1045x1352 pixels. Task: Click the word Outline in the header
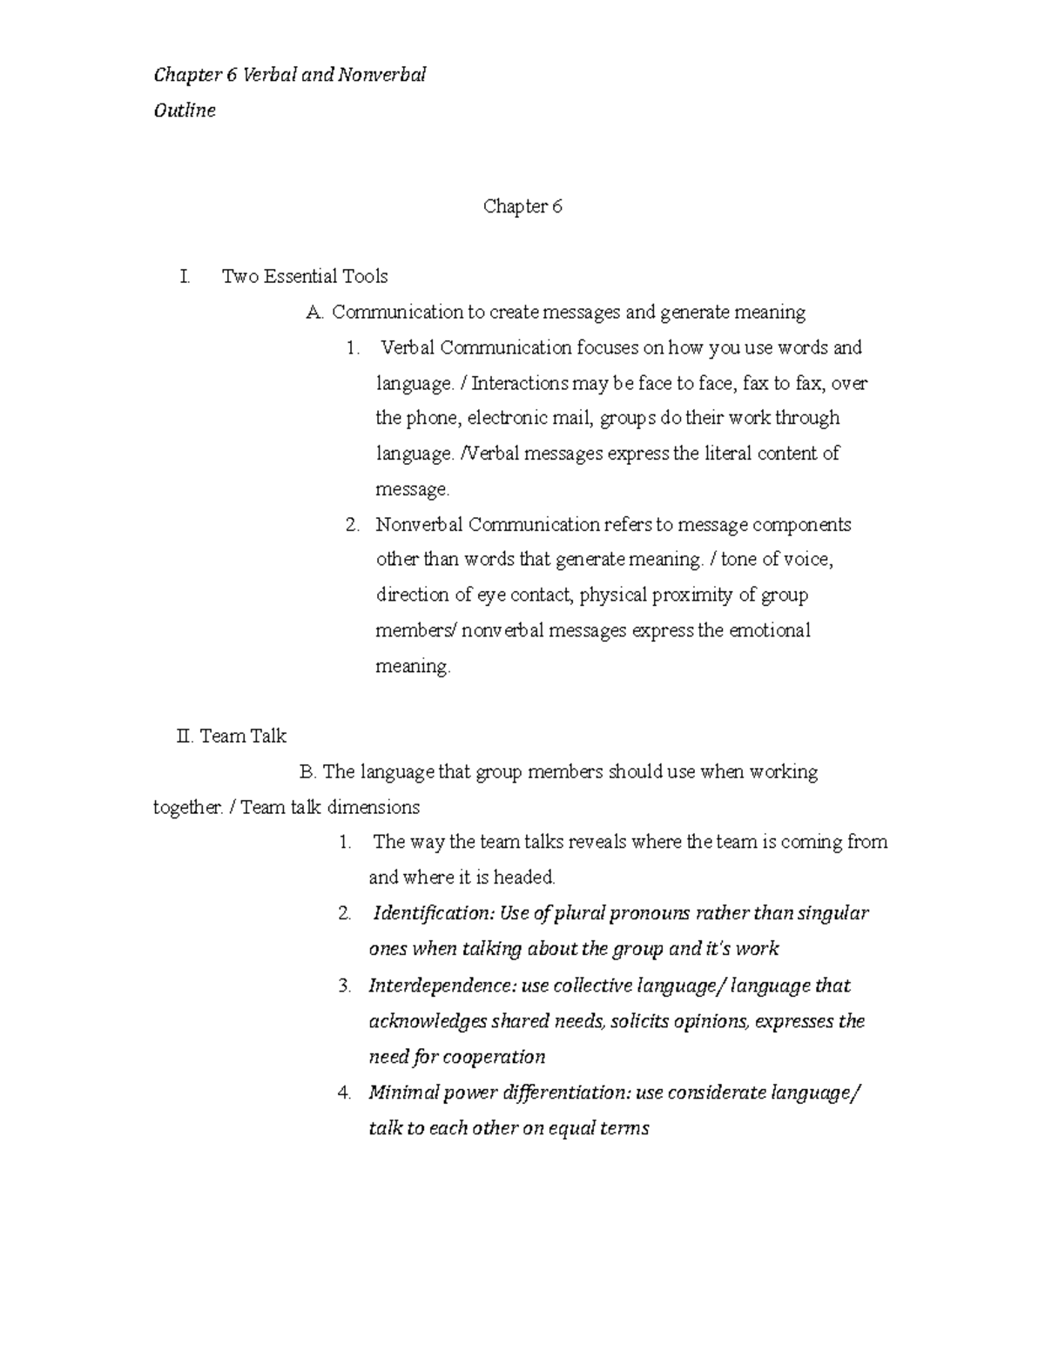point(184,111)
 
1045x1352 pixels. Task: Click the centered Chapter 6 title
point(522,206)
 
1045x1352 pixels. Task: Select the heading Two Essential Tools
point(305,276)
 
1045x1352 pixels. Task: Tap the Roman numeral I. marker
point(184,276)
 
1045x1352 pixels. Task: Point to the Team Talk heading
point(243,736)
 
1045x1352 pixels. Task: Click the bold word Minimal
point(403,1092)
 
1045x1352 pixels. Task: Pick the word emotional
point(769,630)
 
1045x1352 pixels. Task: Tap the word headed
point(524,877)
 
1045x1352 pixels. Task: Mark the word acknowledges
point(428,1021)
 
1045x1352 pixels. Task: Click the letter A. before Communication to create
point(314,312)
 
